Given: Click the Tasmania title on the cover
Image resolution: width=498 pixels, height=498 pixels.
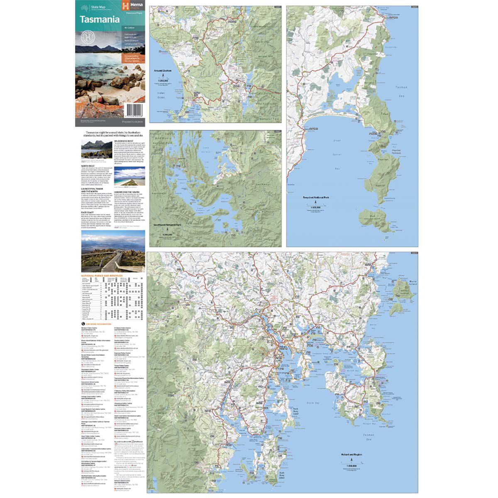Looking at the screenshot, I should (100, 20).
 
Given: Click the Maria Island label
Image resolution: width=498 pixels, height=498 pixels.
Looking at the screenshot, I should (401, 284).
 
